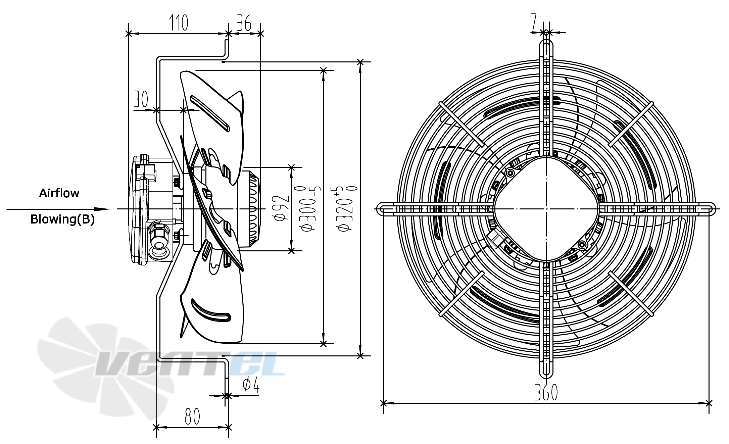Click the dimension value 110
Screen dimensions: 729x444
(178, 23)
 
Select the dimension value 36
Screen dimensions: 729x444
(244, 23)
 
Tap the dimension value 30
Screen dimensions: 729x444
(141, 99)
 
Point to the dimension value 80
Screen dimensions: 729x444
(192, 416)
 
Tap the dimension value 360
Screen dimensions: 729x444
(546, 392)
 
